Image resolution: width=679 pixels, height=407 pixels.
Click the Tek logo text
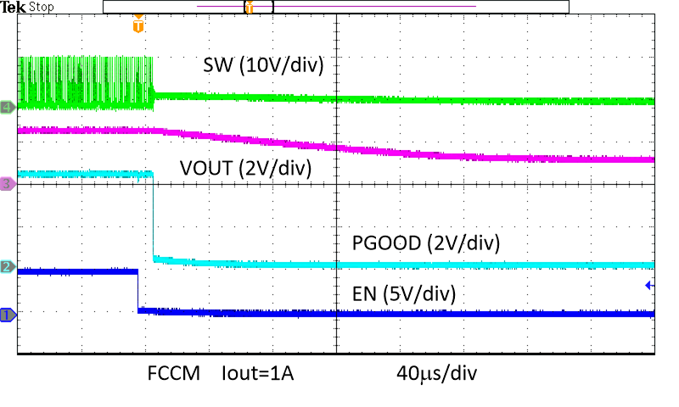[14, 7]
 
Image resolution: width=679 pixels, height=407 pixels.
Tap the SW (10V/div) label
[263, 64]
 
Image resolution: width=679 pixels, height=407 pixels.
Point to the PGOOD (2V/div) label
[426, 243]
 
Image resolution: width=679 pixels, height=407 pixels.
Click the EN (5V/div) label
[403, 294]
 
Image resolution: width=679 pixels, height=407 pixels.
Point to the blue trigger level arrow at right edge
[649, 286]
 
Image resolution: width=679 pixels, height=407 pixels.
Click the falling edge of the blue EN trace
[137, 291]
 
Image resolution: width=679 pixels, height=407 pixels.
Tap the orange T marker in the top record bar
[249, 7]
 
